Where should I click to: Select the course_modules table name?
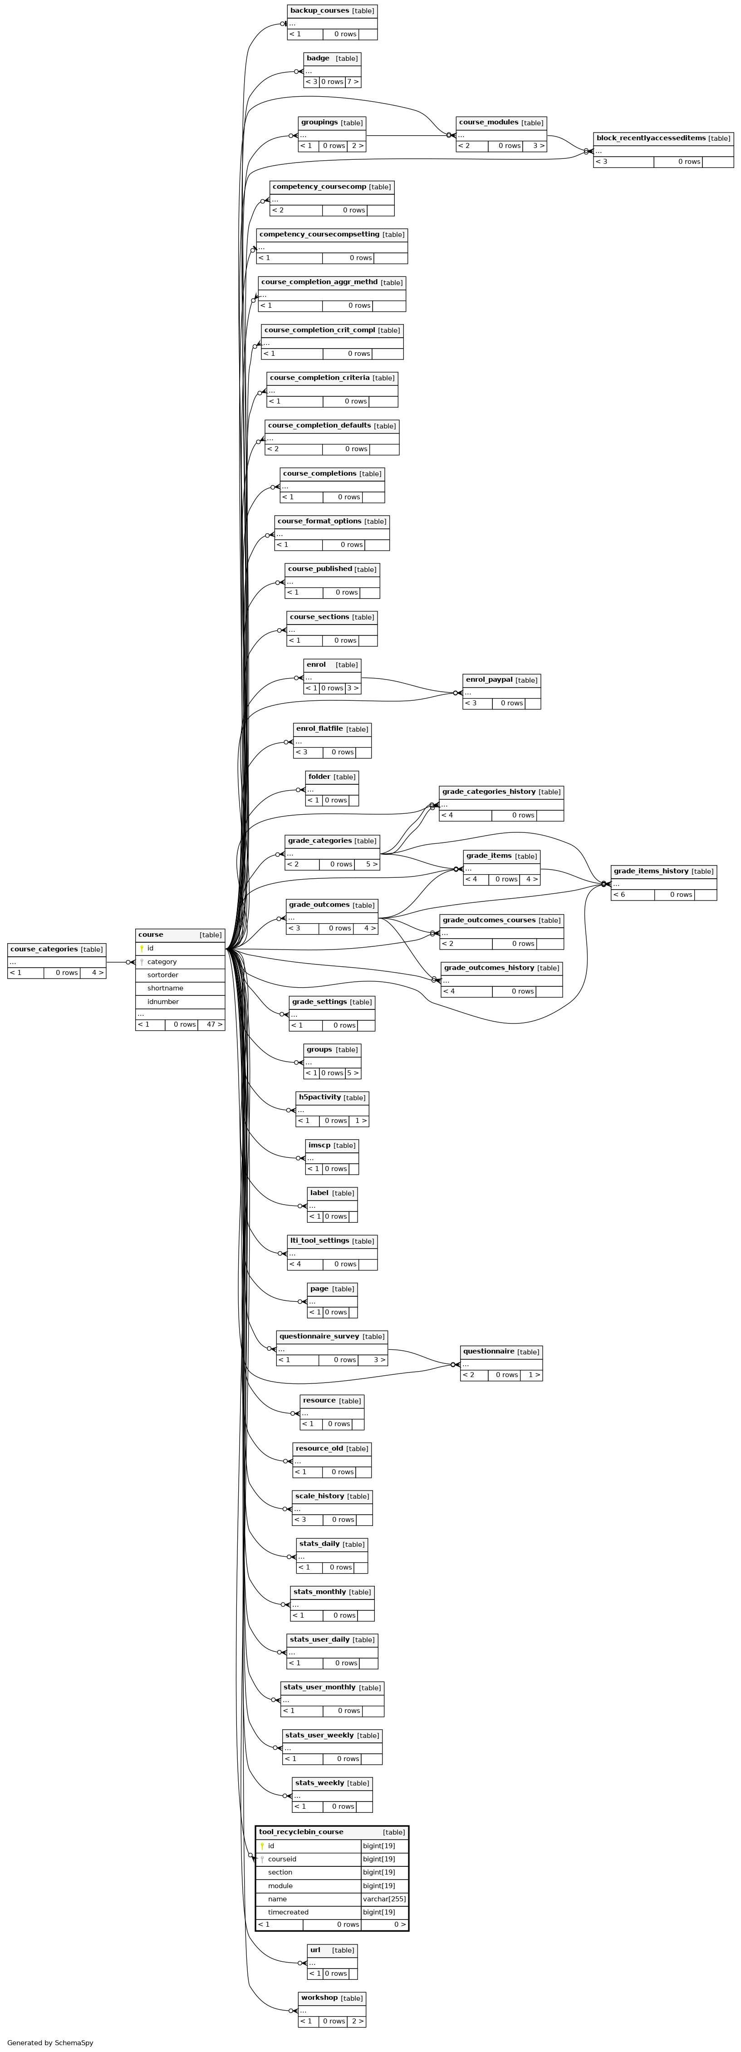488,123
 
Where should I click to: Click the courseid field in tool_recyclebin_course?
282,1859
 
